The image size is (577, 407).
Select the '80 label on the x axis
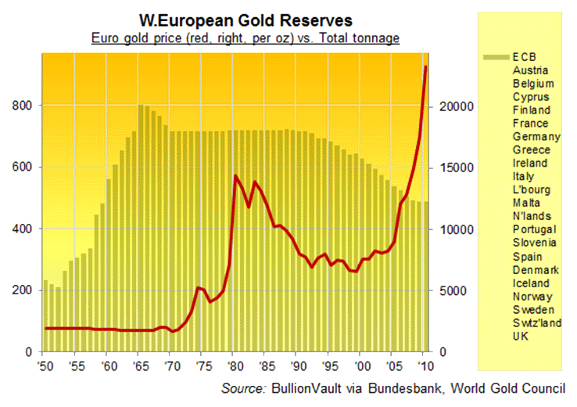point(232,365)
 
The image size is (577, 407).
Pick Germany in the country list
point(536,136)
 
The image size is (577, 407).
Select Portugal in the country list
point(535,229)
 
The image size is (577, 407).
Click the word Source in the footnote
point(243,387)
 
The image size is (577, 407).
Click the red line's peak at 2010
point(425,67)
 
